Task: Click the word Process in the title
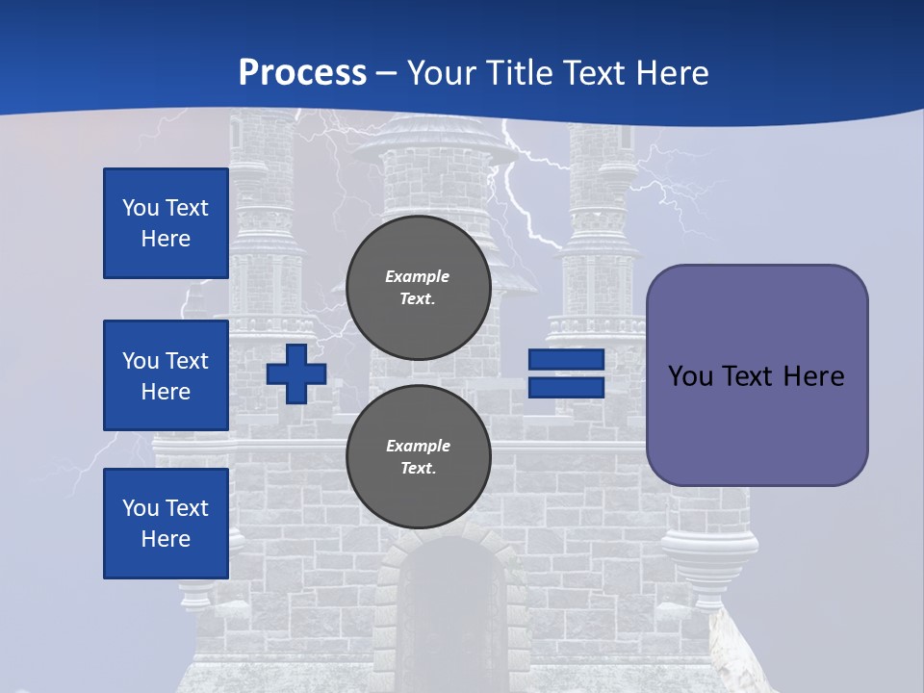302,73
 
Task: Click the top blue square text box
166,223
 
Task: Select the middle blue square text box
166,375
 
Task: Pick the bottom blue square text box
166,524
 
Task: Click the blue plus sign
296,374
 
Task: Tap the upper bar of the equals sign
566,360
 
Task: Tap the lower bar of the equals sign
566,388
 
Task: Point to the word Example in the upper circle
418,276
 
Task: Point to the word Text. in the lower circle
418,469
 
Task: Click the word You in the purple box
689,376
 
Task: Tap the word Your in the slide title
440,73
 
